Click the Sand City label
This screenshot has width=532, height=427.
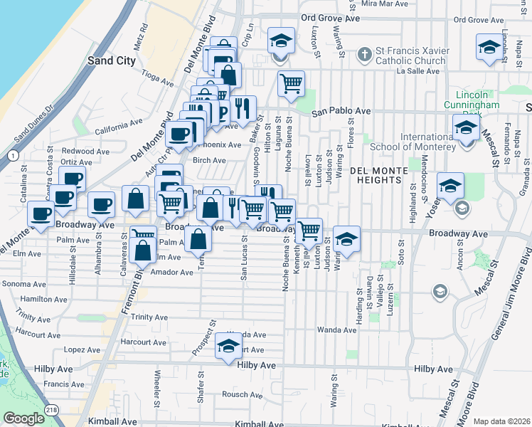pyautogui.click(x=111, y=60)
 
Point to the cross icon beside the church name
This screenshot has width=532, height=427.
pyautogui.click(x=364, y=54)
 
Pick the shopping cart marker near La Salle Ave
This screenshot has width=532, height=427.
pyautogui.click(x=291, y=84)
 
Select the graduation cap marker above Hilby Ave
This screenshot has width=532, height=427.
pyautogui.click(x=229, y=347)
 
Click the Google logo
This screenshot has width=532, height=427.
pyautogui.click(x=23, y=418)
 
